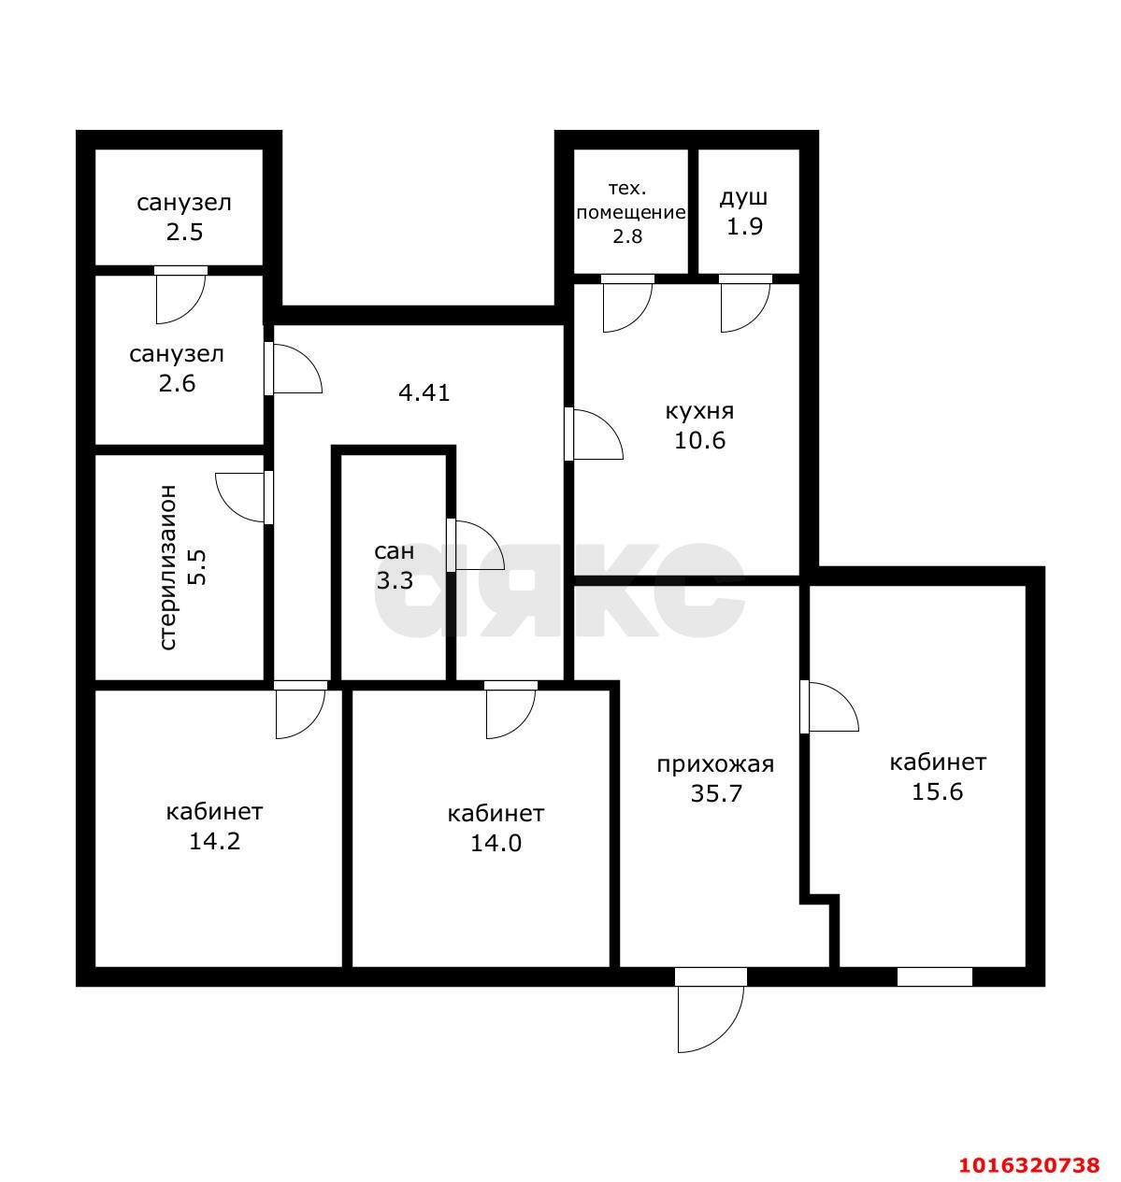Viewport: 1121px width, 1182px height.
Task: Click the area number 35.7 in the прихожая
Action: point(716,793)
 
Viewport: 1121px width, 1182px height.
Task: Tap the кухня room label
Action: point(699,412)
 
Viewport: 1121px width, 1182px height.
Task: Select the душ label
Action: point(743,198)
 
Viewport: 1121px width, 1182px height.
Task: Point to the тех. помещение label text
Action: point(630,201)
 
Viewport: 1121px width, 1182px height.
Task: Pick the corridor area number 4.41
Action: point(424,393)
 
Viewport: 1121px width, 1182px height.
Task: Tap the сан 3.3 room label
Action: point(395,565)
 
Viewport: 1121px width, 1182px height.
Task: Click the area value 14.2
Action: point(215,841)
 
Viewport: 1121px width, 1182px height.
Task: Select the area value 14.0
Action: point(496,843)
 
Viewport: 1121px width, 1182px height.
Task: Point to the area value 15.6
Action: point(938,791)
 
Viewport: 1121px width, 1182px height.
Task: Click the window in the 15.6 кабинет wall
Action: point(934,977)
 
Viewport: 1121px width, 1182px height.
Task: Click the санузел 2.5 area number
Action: point(185,232)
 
